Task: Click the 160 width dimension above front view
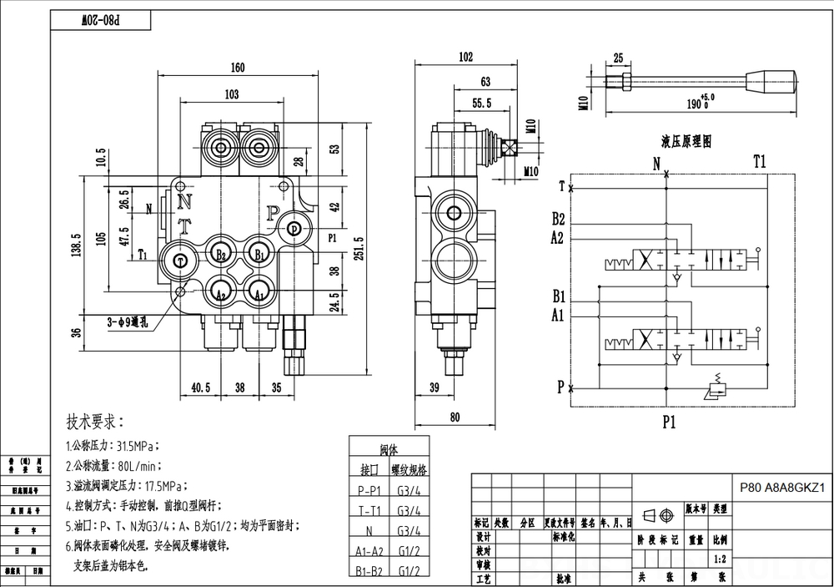(x=239, y=68)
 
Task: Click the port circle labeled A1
(x=259, y=292)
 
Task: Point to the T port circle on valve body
(x=181, y=261)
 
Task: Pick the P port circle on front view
(x=294, y=229)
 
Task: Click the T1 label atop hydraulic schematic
(x=759, y=161)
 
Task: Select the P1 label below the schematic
(x=669, y=423)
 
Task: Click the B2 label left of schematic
(x=558, y=220)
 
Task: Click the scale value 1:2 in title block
(x=721, y=558)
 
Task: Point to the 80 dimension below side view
(x=455, y=417)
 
